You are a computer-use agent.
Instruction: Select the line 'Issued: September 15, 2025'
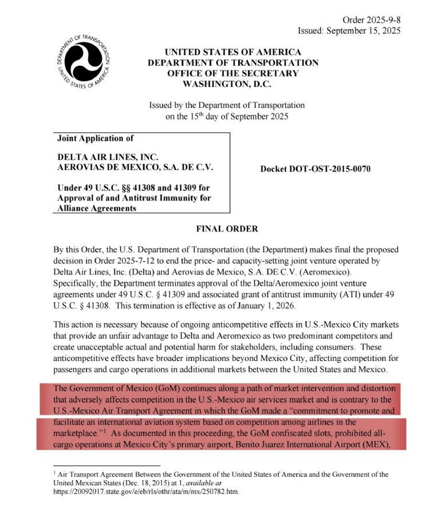pyautogui.click(x=349, y=30)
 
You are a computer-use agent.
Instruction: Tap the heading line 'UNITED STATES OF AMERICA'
pyautogui.click(x=233, y=52)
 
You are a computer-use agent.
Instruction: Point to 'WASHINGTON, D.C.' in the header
pyautogui.click(x=233, y=84)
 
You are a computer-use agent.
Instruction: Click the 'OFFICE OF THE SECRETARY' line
pyautogui.click(x=233, y=73)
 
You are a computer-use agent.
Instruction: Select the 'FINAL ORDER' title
pyautogui.click(x=227, y=229)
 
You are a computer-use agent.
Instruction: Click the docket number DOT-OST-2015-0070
pyautogui.click(x=315, y=169)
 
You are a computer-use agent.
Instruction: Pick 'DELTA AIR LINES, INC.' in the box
pyautogui.click(x=108, y=156)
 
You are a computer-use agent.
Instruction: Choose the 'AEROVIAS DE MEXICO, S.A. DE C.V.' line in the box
pyautogui.click(x=135, y=167)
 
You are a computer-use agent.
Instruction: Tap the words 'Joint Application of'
pyautogui.click(x=91, y=139)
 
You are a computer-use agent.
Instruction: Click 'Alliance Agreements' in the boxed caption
pyautogui.click(x=97, y=209)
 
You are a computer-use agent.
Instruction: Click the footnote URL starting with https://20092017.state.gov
pyautogui.click(x=146, y=492)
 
